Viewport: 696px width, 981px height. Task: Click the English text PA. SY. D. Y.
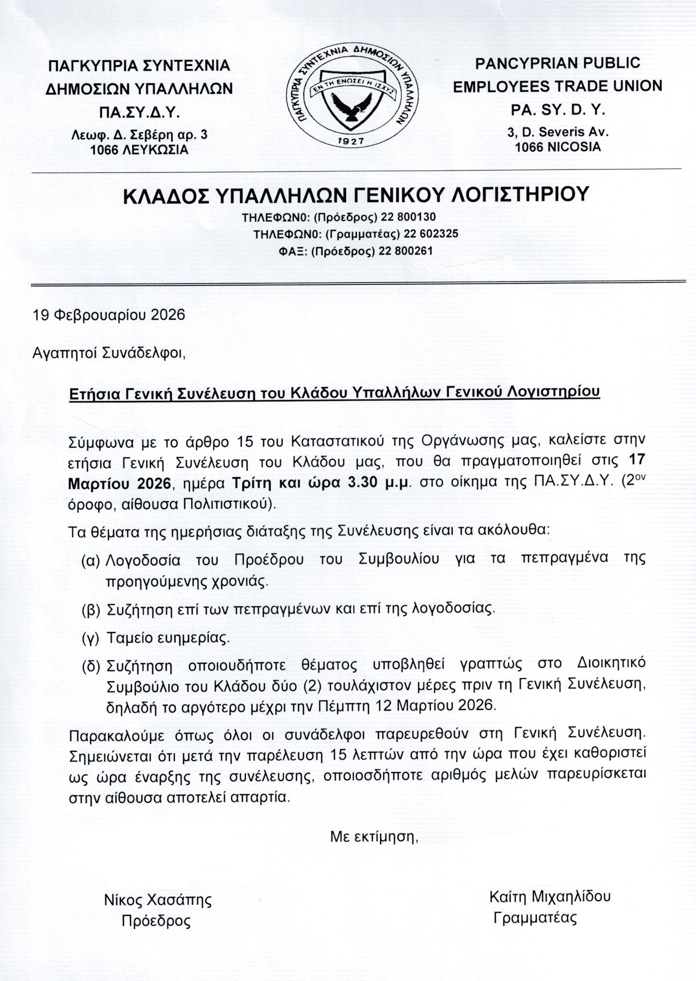click(557, 110)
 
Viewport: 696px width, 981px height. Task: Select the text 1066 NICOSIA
click(558, 147)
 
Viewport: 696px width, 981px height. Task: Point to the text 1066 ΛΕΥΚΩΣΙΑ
click(139, 150)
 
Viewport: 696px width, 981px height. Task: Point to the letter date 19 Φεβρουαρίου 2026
click(109, 315)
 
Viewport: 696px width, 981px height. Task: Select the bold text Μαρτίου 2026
click(121, 484)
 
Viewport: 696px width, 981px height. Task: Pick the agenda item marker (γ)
click(91, 638)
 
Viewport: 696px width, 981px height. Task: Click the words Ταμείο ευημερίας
click(168, 638)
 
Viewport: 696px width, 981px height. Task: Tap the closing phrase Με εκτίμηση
click(374, 837)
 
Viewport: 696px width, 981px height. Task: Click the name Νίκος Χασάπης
click(158, 900)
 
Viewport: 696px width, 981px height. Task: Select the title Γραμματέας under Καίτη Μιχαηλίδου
click(535, 918)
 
